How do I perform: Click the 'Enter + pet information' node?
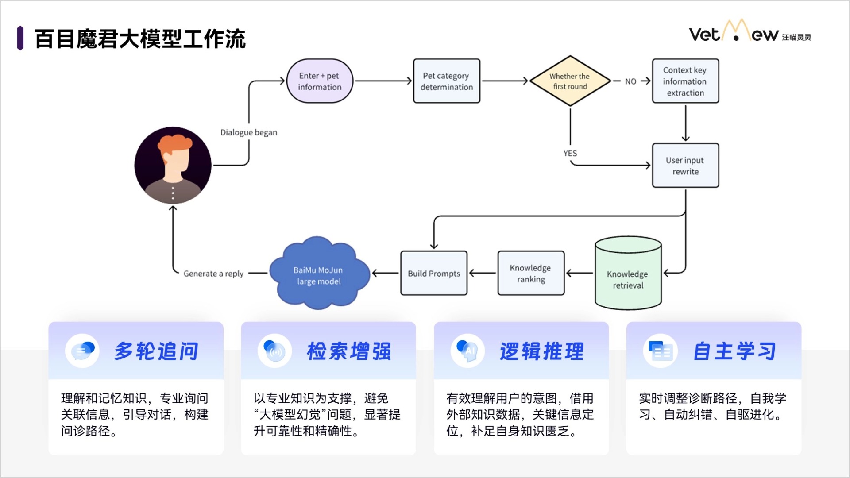pyautogui.click(x=320, y=81)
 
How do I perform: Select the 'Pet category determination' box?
pyautogui.click(x=446, y=81)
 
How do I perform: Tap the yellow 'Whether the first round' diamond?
pyautogui.click(x=570, y=81)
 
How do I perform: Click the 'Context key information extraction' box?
pyautogui.click(x=685, y=81)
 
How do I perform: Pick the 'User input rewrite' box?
pyautogui.click(x=685, y=166)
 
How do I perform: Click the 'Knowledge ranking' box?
pyautogui.click(x=530, y=273)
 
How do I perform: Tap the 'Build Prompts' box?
pyautogui.click(x=433, y=273)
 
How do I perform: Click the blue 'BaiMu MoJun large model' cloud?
pyautogui.click(x=319, y=274)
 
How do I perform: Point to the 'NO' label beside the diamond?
pyautogui.click(x=630, y=81)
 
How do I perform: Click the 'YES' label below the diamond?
pyautogui.click(x=570, y=153)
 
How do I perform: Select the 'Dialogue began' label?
pyautogui.click(x=249, y=132)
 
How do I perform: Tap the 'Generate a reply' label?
pyautogui.click(x=213, y=274)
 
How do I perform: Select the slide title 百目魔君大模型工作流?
pyautogui.click(x=140, y=39)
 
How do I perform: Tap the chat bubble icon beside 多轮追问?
pyautogui.click(x=82, y=351)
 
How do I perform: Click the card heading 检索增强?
pyautogui.click(x=349, y=351)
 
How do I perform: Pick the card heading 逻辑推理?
pyautogui.click(x=542, y=351)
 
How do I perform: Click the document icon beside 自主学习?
pyautogui.click(x=661, y=351)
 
